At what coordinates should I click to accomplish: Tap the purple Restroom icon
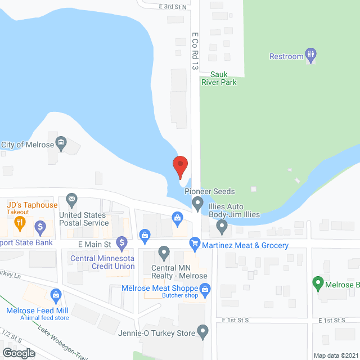(310, 55)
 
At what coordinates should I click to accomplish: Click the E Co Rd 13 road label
(195, 51)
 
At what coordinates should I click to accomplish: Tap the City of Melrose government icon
(62, 142)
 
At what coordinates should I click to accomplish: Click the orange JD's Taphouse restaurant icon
(19, 223)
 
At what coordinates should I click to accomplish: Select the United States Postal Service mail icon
(71, 199)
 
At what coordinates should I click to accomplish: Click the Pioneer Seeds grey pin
(197, 202)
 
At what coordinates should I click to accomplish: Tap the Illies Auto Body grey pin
(222, 227)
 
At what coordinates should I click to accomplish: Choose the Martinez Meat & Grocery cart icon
(195, 244)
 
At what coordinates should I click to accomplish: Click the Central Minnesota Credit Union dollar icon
(121, 243)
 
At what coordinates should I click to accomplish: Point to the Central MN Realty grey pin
(164, 251)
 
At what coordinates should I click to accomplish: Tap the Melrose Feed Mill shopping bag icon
(56, 294)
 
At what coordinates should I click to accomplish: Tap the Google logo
(18, 353)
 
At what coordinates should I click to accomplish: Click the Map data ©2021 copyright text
(335, 355)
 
